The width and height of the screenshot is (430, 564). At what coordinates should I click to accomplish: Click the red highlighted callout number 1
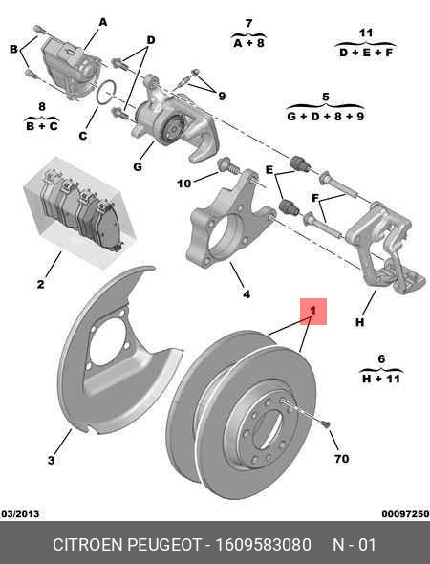coord(313,310)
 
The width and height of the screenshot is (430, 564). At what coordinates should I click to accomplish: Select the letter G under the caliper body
coord(138,167)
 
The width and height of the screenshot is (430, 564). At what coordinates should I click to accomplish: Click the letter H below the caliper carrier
coord(359,323)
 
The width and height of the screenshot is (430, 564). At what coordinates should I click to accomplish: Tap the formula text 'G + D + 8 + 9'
coord(325,117)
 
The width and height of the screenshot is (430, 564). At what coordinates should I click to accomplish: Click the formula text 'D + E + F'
coord(364,54)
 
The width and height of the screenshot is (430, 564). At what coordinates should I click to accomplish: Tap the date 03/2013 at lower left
coord(20,513)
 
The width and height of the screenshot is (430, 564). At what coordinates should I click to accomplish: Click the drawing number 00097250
coord(405,513)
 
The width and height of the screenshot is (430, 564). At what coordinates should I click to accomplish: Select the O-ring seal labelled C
coord(109,94)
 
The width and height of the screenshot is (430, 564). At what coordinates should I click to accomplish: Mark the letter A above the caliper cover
coord(102,21)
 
